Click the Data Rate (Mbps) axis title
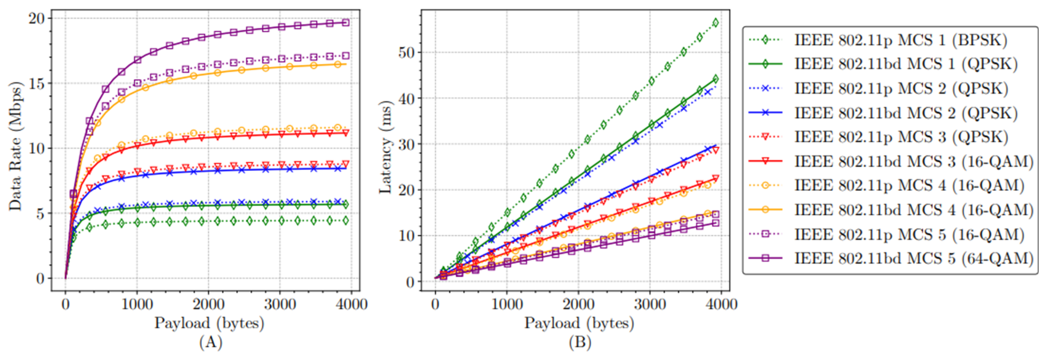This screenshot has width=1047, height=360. (x=15, y=146)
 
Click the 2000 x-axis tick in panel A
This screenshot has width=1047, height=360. (x=208, y=304)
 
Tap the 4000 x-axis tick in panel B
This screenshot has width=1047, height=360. (x=721, y=304)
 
